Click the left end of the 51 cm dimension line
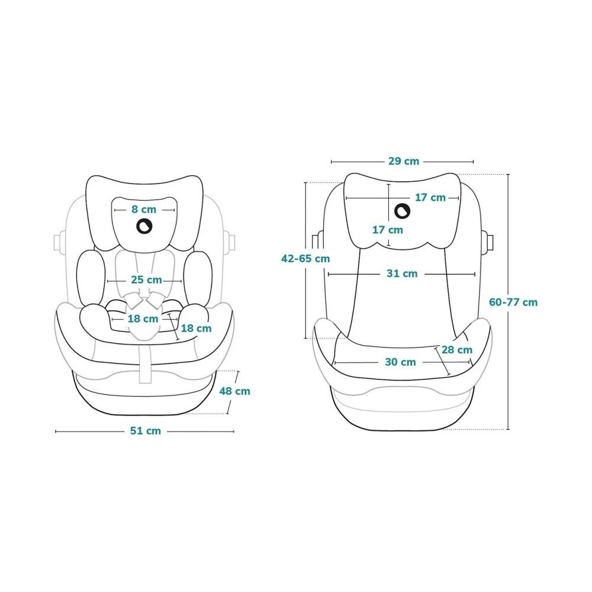coord(56,431)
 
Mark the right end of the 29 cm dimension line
coord(473,162)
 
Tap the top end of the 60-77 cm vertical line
coord(508,175)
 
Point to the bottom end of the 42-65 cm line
coord(305,338)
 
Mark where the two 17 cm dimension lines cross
coord(388,198)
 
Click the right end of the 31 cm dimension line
coord(475,275)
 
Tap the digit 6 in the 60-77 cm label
coord(493,303)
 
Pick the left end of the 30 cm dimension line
coord(335,363)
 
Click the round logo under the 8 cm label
coord(144,226)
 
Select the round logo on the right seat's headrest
coord(403,211)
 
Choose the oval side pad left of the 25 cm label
coord(90,278)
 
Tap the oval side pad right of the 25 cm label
coord(198,278)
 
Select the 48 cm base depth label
coord(235,391)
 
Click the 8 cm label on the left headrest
coord(144,210)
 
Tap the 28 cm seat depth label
coord(457,350)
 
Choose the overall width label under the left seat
coord(146,431)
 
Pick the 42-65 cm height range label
coord(305,259)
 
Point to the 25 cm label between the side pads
coord(146,280)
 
